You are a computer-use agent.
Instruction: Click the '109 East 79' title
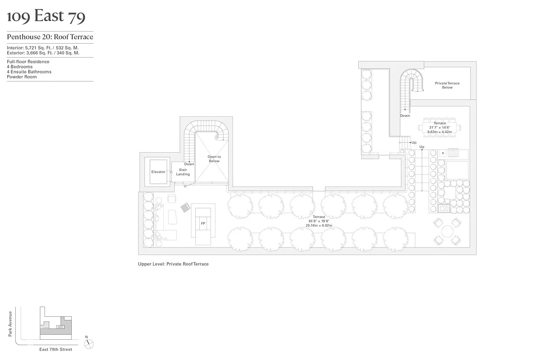[46, 17]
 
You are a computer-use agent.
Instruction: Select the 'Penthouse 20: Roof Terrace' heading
[50, 37]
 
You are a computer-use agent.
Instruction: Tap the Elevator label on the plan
[158, 172]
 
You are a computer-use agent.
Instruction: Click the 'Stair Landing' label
[183, 172]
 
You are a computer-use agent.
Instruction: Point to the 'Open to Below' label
[214, 159]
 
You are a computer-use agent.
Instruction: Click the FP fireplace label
[203, 223]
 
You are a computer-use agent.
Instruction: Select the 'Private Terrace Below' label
[447, 85]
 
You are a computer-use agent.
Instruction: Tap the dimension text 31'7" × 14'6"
[440, 127]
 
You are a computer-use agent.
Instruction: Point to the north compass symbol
[90, 344]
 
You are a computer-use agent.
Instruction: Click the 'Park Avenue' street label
[10, 324]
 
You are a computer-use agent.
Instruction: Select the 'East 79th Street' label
[55, 349]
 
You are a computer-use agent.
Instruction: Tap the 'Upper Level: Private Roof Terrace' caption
[173, 264]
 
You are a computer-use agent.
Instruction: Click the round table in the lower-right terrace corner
[447, 231]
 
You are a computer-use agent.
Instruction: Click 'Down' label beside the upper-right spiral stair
[405, 116]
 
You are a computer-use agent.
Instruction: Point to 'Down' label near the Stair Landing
[189, 164]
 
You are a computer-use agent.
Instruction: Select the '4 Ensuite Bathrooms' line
[29, 72]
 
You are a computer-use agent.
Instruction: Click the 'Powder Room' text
[22, 77]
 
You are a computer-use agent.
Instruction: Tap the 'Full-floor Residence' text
[28, 62]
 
